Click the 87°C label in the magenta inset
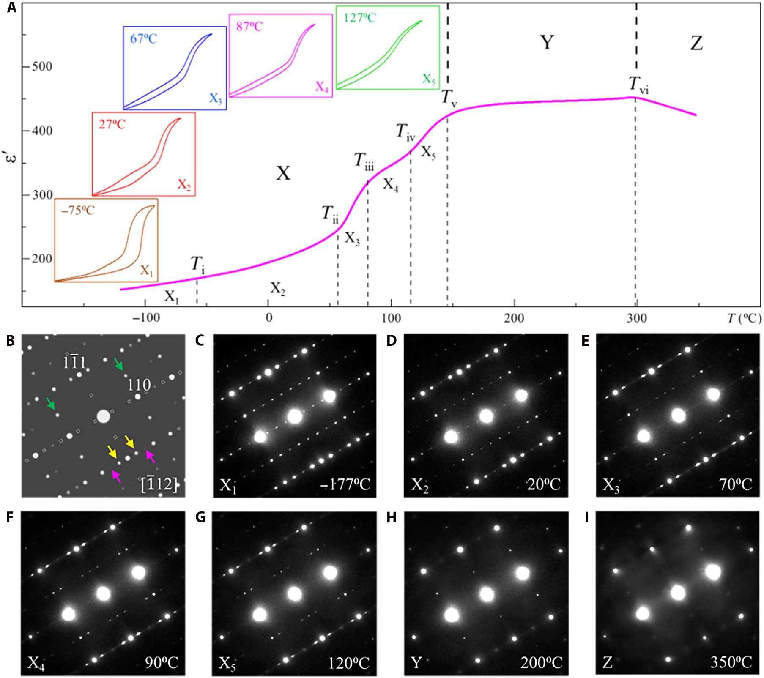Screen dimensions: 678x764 [x=249, y=27]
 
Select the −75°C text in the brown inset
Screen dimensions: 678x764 [x=78, y=210]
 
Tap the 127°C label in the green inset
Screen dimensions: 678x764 [x=359, y=18]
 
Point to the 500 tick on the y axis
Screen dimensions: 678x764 [x=42, y=66]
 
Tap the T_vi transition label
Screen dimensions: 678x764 [x=638, y=85]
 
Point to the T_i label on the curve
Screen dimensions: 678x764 [x=197, y=265]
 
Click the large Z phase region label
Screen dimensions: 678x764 [x=696, y=43]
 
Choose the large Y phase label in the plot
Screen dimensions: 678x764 [x=547, y=42]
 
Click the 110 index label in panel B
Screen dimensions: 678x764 [x=139, y=385]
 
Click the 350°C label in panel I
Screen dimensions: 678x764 [x=731, y=662]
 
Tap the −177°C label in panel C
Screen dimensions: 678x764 [x=345, y=484]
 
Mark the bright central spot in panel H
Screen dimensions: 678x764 [x=487, y=594]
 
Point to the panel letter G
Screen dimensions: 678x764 [x=200, y=517]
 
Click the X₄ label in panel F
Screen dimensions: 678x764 [x=36, y=662]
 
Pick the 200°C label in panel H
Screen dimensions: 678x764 [x=541, y=662]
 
